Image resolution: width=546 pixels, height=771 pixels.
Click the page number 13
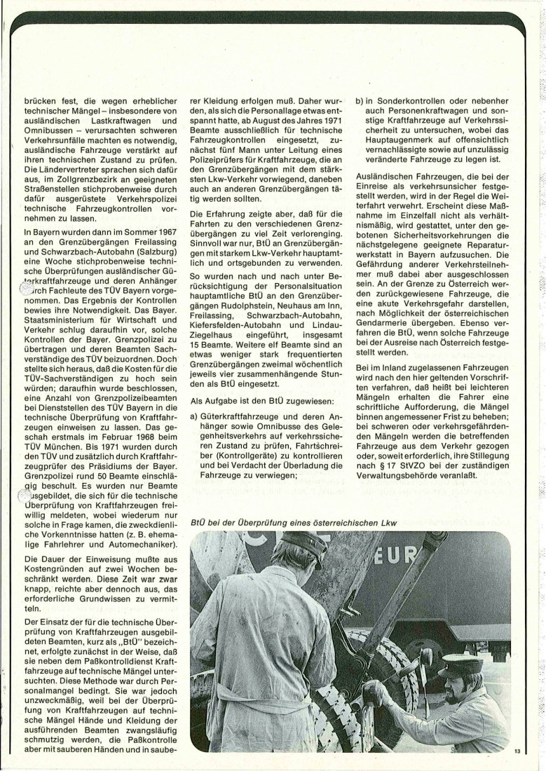click(517, 751)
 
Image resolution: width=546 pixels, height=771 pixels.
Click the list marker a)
click(195, 417)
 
